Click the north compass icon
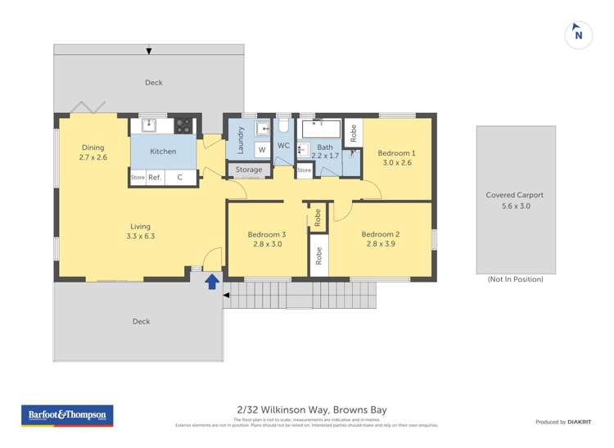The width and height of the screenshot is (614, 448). pos(579,34)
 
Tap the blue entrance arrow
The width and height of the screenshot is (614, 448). pos(211,282)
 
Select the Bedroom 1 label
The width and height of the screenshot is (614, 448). pos(396,153)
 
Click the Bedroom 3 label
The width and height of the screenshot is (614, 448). pos(267,234)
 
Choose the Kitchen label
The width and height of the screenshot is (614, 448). pos(163,152)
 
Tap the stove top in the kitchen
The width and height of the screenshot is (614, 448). pos(183,126)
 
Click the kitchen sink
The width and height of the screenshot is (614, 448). pos(149,125)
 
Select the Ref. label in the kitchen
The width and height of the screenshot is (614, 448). pos(155,177)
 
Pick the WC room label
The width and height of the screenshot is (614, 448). pos(284,145)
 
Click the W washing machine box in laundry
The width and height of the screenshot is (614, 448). pos(261,150)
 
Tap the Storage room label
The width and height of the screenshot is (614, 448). pos(249,170)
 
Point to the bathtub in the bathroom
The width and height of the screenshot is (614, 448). pos(320,130)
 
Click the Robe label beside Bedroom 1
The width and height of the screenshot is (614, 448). pos(353,133)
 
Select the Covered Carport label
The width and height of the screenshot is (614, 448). pos(515,195)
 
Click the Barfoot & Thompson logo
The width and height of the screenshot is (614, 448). pos(67,415)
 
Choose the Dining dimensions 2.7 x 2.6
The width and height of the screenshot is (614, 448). pos(93,157)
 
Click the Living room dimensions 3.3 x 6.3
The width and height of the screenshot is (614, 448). pos(141,236)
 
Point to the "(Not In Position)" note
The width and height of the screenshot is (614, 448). pos(515,279)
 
